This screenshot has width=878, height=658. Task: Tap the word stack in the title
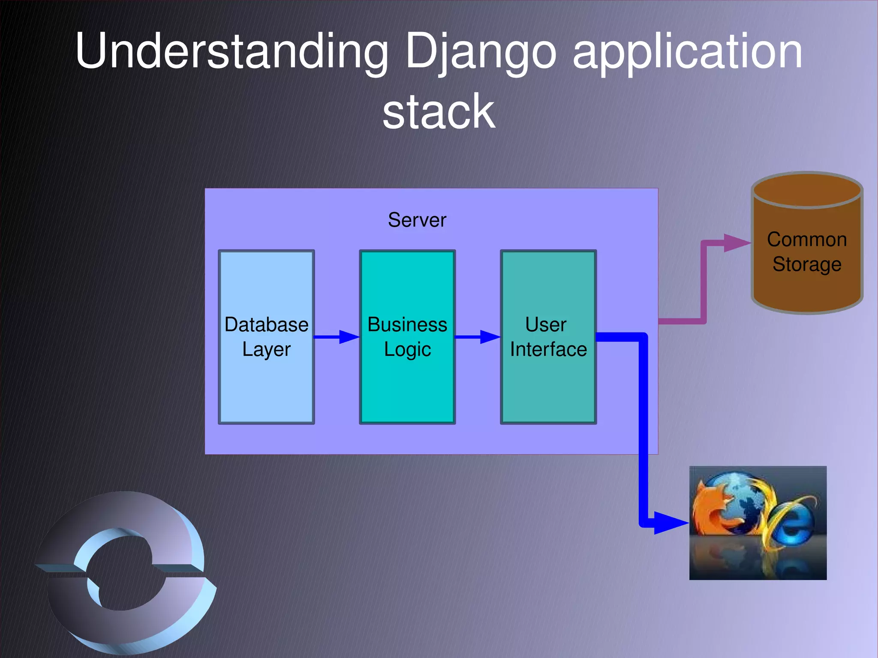(x=439, y=112)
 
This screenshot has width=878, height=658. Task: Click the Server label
(x=417, y=220)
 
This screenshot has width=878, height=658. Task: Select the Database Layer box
(x=266, y=386)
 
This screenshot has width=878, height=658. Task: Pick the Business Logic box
(x=407, y=386)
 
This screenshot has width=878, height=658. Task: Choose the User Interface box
(x=548, y=386)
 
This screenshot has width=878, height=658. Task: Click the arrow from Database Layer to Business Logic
(x=337, y=337)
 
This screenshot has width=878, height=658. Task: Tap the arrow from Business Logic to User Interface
(x=477, y=337)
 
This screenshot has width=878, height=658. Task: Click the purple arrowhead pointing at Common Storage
(x=737, y=243)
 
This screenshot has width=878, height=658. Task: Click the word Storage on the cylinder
(x=807, y=264)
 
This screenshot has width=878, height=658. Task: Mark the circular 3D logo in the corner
(x=124, y=572)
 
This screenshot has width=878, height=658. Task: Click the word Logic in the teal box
(x=407, y=349)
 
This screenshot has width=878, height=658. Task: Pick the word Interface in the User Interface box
(x=548, y=349)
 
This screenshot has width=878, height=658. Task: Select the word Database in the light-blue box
(x=266, y=325)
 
